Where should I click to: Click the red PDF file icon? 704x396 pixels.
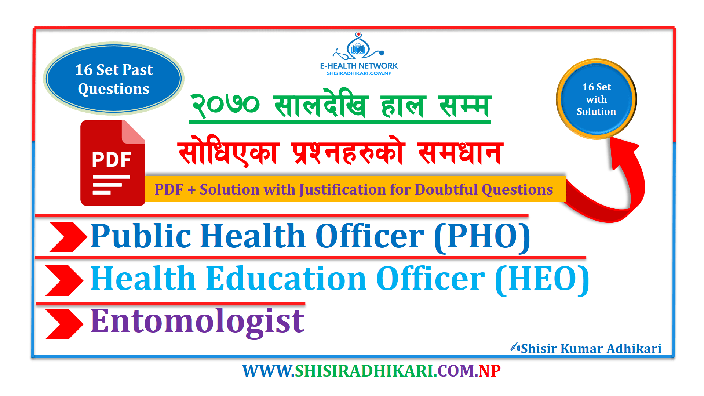click(113, 163)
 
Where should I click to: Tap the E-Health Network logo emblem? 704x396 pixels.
click(358, 47)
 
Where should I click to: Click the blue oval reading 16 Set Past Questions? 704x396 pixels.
click(114, 79)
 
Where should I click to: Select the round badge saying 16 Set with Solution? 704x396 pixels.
click(597, 99)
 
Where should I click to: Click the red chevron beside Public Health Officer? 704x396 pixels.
click(68, 237)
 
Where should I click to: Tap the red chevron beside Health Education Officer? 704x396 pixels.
click(64, 280)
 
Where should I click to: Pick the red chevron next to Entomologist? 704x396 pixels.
click(64, 324)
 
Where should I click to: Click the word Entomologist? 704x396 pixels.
click(197, 322)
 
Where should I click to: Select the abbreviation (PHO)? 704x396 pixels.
click(482, 237)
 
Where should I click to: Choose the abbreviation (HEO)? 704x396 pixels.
click(542, 280)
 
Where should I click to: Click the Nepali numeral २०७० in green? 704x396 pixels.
click(226, 105)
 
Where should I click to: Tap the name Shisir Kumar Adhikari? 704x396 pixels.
click(591, 348)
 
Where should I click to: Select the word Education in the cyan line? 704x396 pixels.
click(287, 279)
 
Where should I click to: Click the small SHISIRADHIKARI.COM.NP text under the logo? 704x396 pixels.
click(359, 73)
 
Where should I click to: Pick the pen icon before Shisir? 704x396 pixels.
click(515, 347)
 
